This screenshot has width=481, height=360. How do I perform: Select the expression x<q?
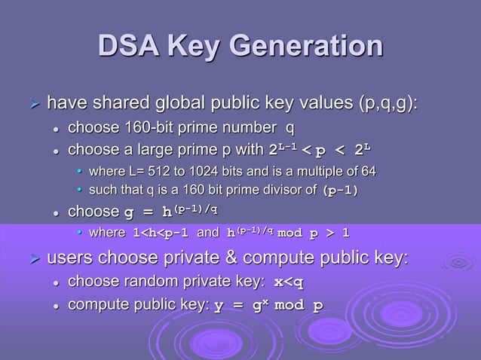tap(288, 282)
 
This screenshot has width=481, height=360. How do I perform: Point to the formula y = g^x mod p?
tap(268, 306)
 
